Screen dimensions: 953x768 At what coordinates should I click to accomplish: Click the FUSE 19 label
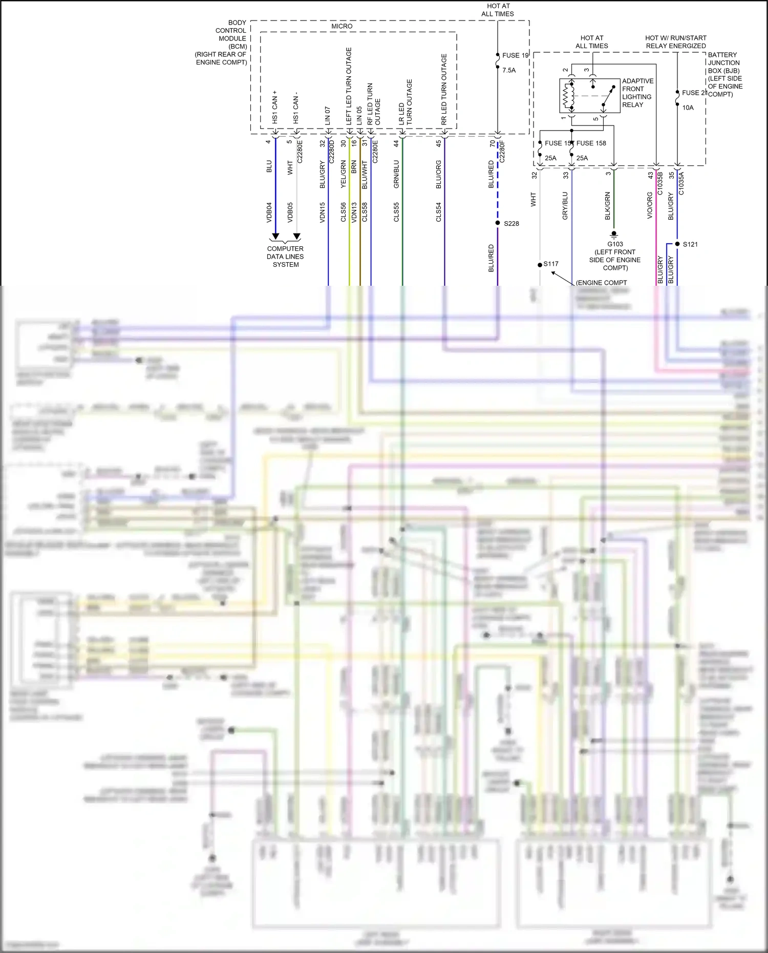point(515,55)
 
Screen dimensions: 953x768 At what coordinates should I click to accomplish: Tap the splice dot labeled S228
point(498,223)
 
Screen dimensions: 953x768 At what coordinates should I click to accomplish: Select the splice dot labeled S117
point(540,265)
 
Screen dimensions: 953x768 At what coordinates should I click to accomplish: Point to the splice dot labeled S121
point(677,244)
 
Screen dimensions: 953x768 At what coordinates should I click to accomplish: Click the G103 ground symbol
point(614,235)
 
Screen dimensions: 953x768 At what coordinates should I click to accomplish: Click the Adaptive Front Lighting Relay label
point(637,93)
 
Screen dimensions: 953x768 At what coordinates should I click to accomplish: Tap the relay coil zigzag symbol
point(566,95)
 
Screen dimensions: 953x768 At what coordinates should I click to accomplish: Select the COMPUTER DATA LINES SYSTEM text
point(285,257)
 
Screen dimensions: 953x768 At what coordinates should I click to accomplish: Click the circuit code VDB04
point(269,212)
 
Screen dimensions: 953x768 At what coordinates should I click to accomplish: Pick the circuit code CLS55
point(396,212)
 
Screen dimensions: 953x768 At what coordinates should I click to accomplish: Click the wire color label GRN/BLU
point(396,174)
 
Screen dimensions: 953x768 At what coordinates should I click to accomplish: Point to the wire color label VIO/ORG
point(650,205)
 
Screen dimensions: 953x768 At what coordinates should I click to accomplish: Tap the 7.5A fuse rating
point(509,70)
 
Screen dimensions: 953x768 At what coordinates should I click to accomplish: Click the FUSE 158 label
point(591,143)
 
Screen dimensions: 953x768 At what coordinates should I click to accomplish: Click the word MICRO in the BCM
point(342,26)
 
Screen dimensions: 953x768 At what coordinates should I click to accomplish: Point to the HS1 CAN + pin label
point(275,107)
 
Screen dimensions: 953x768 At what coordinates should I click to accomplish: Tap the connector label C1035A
point(681,183)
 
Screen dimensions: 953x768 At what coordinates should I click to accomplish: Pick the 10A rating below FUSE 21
point(688,108)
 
